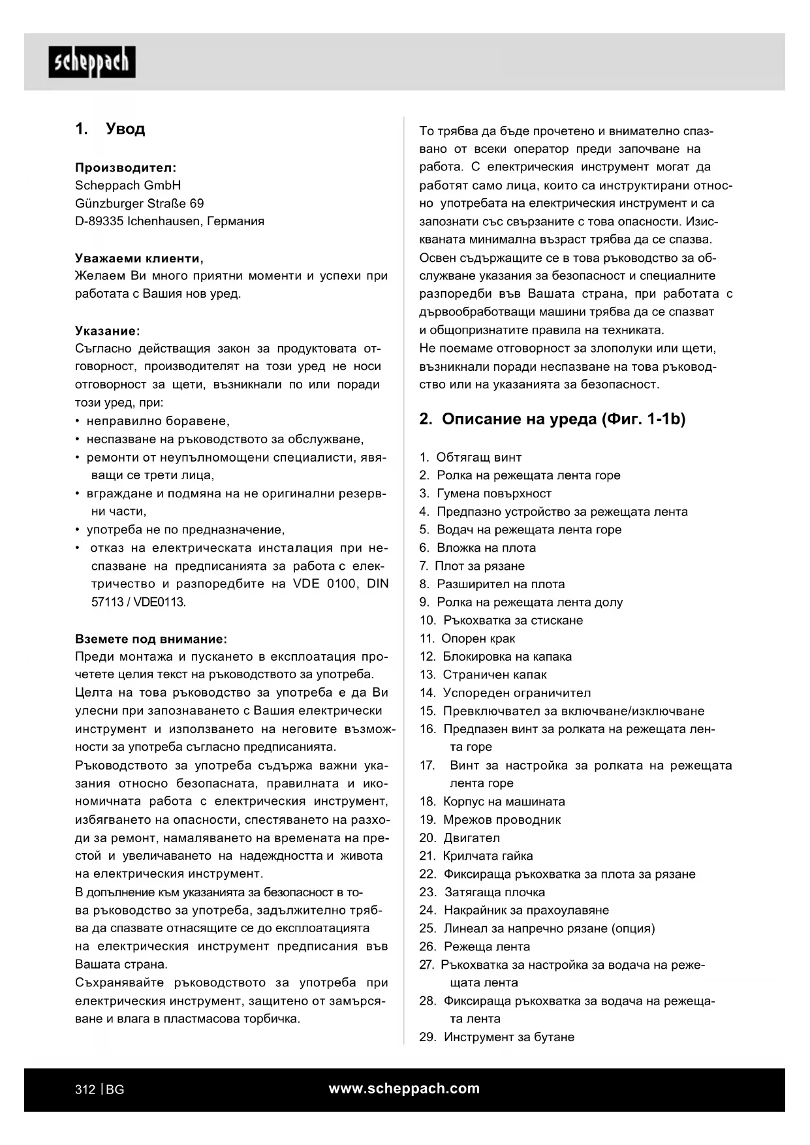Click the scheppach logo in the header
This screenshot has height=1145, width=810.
click(x=92, y=62)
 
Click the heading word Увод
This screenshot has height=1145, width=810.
click(x=125, y=129)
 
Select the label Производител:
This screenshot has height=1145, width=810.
click(x=125, y=167)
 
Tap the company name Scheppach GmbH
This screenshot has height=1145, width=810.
click(x=128, y=185)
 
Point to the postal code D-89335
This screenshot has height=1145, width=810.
click(x=99, y=221)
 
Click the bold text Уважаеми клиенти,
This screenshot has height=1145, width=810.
click(x=139, y=258)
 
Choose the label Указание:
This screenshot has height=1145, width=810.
click(x=108, y=330)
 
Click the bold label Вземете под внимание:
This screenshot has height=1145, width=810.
click(x=151, y=638)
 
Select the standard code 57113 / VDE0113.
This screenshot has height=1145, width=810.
click(x=138, y=602)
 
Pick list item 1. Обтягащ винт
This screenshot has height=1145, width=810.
click(x=471, y=457)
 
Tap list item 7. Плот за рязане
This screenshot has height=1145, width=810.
click(x=472, y=566)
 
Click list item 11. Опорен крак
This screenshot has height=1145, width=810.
click(x=467, y=638)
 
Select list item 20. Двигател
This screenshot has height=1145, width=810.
click(x=460, y=838)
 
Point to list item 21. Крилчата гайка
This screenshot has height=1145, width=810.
click(x=476, y=856)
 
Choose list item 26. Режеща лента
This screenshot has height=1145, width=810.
click(x=475, y=947)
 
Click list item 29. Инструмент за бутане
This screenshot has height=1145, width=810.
click(x=497, y=1037)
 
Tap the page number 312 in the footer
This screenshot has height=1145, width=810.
click(x=85, y=1090)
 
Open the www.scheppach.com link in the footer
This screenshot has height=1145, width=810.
click(x=404, y=1088)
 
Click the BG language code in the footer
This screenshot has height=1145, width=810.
click(x=115, y=1090)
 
